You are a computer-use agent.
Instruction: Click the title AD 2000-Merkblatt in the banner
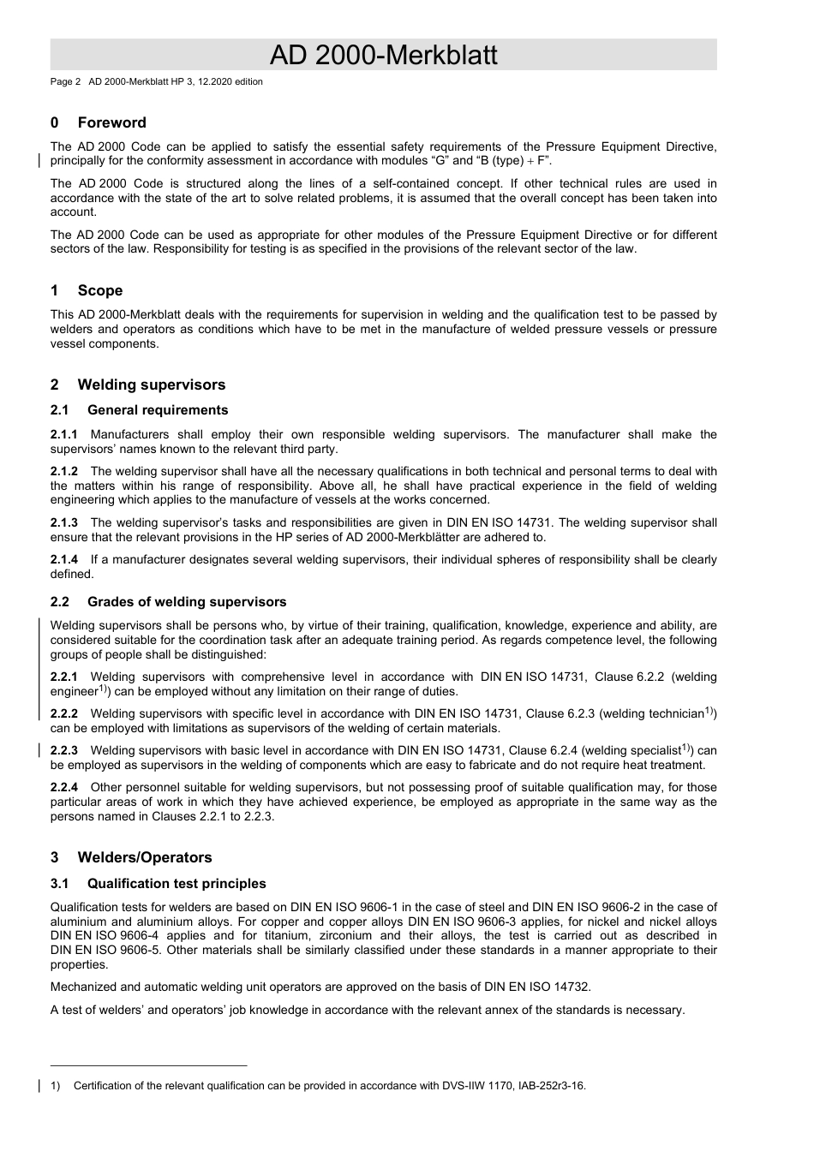point(383,56)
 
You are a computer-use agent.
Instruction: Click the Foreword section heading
point(111,122)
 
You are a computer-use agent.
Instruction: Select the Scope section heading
point(99,290)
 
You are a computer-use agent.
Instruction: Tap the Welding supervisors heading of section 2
point(151,385)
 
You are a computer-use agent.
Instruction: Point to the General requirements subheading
point(158,410)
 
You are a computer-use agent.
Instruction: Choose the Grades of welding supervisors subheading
point(187,602)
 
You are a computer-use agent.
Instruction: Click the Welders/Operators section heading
point(144,857)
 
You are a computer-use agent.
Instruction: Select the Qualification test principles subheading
point(177,884)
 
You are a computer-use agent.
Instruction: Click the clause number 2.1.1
point(64,434)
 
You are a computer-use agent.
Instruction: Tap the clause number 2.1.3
point(64,522)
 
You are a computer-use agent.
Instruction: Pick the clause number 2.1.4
point(64,559)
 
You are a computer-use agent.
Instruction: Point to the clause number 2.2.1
point(64,677)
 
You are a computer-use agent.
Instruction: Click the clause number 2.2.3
point(64,750)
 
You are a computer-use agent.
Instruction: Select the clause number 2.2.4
point(64,787)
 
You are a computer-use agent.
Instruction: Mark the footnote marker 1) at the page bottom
point(56,1086)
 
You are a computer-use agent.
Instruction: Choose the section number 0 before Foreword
point(55,122)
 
